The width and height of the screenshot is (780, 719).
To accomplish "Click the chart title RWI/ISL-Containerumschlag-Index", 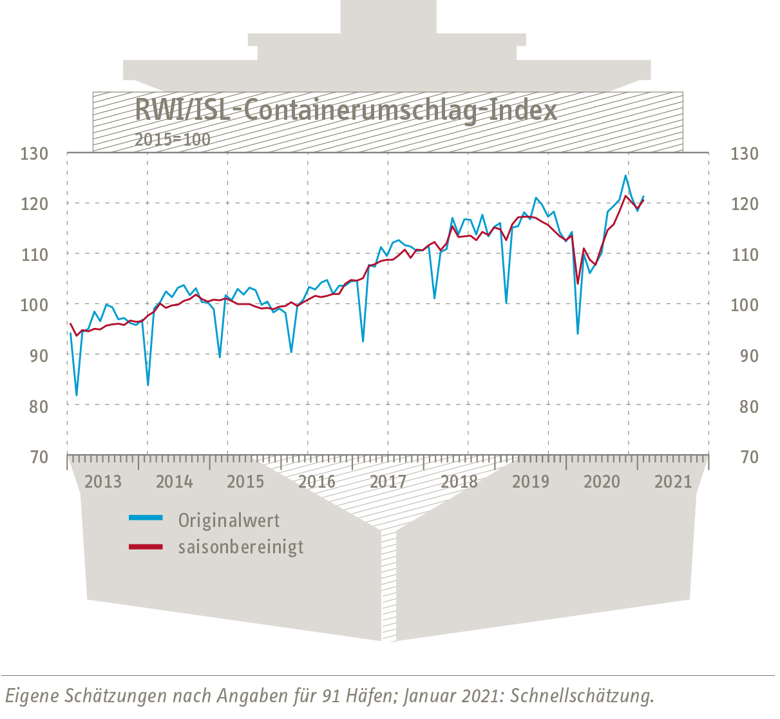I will [x=345, y=110].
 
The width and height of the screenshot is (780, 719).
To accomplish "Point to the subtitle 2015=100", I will [x=172, y=139].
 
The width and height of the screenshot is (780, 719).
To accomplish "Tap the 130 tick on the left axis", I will [x=34, y=154].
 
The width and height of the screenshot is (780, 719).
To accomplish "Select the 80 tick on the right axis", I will [x=745, y=407].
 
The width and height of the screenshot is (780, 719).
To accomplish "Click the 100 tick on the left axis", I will [x=34, y=305].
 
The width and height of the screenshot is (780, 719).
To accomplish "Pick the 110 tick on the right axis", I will [x=745, y=254].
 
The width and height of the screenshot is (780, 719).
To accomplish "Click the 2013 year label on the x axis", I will [x=103, y=481].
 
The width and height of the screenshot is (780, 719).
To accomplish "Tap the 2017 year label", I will [x=388, y=481].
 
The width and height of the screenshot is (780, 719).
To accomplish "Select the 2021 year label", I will [x=673, y=481].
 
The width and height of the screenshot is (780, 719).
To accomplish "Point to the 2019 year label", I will [x=531, y=481].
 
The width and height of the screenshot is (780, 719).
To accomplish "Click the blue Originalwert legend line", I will [x=146, y=517].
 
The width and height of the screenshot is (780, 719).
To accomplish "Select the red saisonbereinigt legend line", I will [x=146, y=547].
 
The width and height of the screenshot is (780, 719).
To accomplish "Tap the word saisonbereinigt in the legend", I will [x=241, y=548].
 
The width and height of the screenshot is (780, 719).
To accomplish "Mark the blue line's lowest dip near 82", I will [x=77, y=395].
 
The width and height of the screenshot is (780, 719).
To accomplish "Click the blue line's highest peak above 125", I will [x=625, y=175].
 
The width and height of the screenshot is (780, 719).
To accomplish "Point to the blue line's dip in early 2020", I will [x=577, y=333].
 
